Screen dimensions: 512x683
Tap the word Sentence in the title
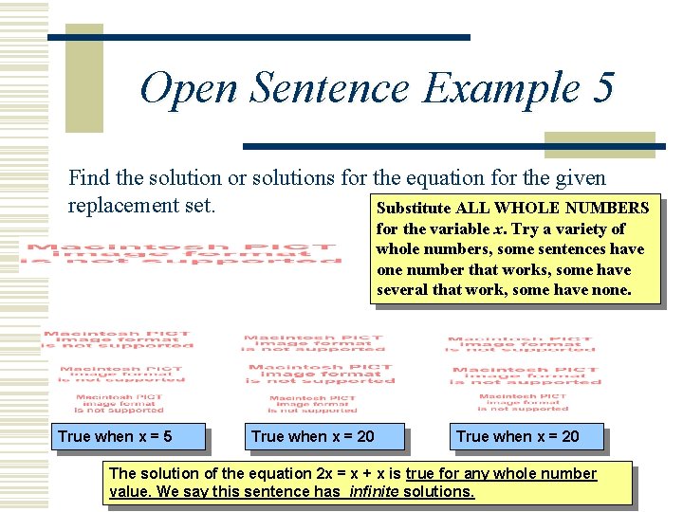tap(330, 89)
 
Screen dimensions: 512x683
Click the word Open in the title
tap(188, 89)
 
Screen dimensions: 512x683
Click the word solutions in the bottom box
tap(437, 491)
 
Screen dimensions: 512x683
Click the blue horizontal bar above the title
tap(259, 38)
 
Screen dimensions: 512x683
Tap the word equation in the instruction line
tap(404, 177)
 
